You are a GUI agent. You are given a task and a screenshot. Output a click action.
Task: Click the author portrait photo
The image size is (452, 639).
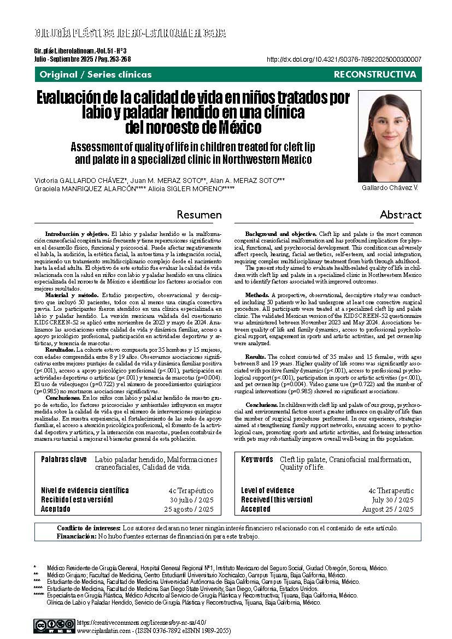(x=389, y=136)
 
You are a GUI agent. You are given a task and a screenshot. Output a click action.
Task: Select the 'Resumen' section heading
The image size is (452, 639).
(x=199, y=215)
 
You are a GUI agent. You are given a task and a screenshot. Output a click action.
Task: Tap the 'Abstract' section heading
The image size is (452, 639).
(x=401, y=215)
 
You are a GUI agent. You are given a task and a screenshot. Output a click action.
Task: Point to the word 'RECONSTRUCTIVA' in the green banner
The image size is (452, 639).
(x=374, y=74)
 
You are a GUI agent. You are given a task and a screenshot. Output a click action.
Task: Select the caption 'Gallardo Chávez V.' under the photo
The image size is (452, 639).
(x=390, y=188)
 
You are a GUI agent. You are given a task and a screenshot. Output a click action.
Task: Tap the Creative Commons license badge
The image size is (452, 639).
(x=54, y=625)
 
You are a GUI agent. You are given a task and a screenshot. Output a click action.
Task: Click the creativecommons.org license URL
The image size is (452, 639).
(x=142, y=622)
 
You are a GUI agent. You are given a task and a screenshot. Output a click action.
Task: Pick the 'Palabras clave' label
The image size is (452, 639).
(x=64, y=459)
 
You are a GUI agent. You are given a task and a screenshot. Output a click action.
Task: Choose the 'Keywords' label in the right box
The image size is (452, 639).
(x=257, y=459)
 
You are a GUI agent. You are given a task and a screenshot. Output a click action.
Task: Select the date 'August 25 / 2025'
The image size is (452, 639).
(x=388, y=509)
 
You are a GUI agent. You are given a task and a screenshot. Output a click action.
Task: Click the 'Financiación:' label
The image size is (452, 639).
(x=76, y=536)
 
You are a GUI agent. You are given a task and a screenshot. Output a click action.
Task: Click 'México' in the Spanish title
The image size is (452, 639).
(x=233, y=128)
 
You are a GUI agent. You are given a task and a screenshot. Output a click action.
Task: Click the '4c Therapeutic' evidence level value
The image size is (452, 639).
(x=391, y=491)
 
